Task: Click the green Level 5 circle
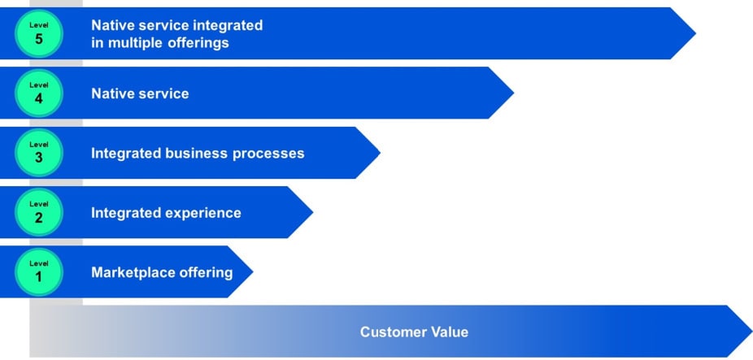click(x=38, y=33)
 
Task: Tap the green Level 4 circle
click(x=38, y=93)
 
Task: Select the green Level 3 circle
click(x=38, y=153)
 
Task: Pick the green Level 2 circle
click(x=38, y=212)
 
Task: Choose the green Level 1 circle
click(x=38, y=271)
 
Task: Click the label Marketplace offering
click(x=162, y=272)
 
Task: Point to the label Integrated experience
click(x=166, y=213)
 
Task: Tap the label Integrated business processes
click(x=198, y=153)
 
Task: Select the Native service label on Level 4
click(x=140, y=93)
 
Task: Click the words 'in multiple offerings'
click(x=159, y=43)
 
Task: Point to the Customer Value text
click(x=414, y=332)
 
